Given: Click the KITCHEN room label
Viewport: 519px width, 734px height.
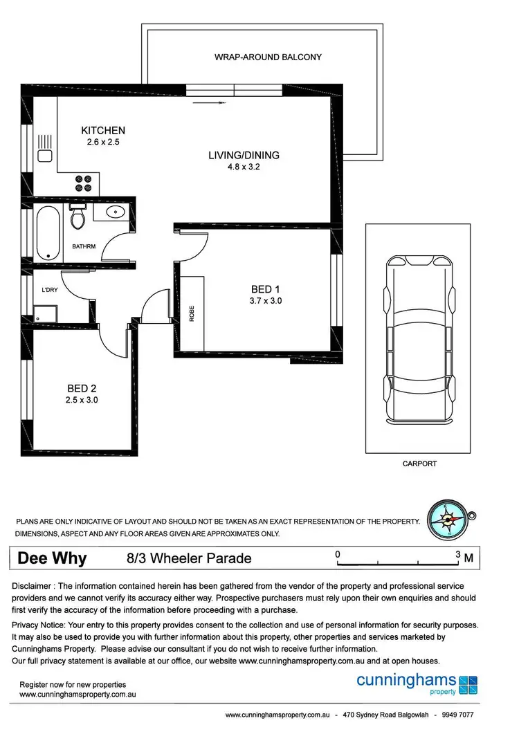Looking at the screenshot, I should (103, 130).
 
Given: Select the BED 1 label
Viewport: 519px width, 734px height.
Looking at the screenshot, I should (266, 289).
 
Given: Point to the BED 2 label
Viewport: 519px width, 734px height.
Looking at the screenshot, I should (82, 388).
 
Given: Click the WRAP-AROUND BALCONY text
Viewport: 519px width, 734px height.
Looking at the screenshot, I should (268, 57).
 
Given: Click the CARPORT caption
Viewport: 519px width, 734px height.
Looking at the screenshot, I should (419, 464).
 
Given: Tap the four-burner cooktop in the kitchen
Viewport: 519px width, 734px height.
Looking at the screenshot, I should (83, 183).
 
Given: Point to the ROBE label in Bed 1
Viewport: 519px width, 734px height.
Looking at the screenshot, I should (192, 315).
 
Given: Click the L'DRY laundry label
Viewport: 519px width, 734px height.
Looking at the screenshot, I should (49, 289).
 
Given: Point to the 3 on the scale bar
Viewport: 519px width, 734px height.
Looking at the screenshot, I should (457, 554).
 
